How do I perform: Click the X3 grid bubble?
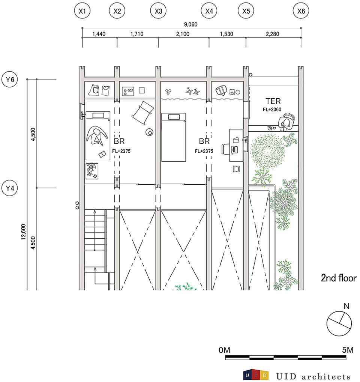[x=159, y=11]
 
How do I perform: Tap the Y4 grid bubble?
[x=10, y=188]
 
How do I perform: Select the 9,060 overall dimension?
[x=190, y=24]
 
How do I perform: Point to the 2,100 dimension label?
[x=183, y=34]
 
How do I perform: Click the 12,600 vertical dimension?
[x=23, y=232]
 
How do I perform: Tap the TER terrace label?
[x=273, y=101]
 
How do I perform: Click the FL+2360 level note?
[x=272, y=110]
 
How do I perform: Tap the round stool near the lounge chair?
[x=150, y=132]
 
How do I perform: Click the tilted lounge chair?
[x=142, y=113]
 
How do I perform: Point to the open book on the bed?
[x=102, y=154]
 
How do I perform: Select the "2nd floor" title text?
[x=339, y=278]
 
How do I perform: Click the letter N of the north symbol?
[x=346, y=306]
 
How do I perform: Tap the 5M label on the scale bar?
[x=348, y=350]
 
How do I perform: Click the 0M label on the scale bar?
[x=224, y=350]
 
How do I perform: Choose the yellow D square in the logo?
[x=264, y=375]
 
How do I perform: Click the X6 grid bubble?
[x=301, y=11]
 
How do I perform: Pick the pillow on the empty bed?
[x=174, y=117]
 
